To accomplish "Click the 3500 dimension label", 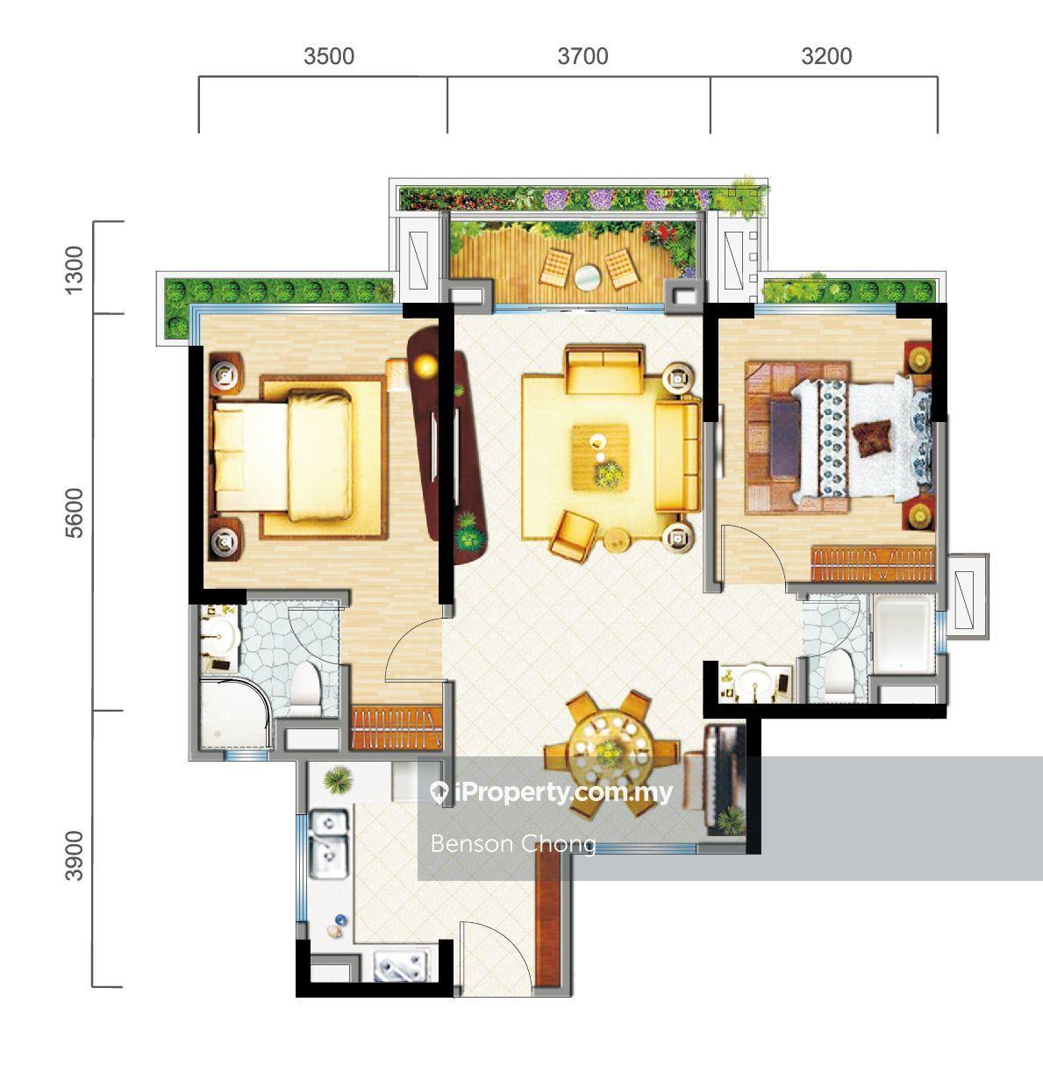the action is pos(329,56).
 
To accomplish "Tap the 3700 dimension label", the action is pos(582,56).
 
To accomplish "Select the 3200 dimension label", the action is pos(826,56).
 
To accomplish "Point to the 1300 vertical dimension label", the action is pos(74,270).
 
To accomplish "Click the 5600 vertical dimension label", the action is pos(74,513).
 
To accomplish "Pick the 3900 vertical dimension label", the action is pos(74,856).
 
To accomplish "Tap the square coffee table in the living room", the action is pos(600,457).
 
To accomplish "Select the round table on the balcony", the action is pos(588,277).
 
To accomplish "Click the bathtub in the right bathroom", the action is pos(904,634).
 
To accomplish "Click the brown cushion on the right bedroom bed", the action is pos(873,439).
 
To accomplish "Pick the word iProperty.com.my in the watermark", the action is pos(562,792).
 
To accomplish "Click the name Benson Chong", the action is pos(513,844).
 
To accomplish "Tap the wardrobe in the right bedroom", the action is pos(874,564).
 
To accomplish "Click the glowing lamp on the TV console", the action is pos(426,366).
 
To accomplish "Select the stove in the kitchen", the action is pos(402,965).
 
